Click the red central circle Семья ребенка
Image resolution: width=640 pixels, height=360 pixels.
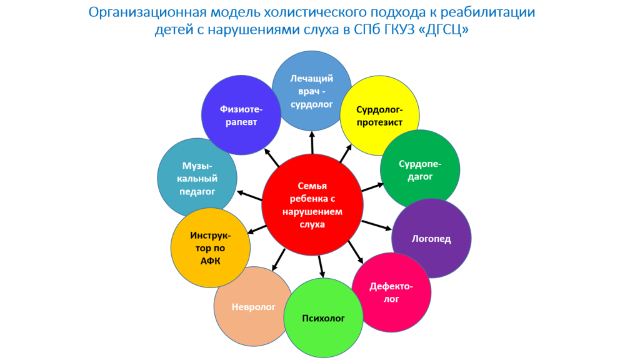coord(312,205)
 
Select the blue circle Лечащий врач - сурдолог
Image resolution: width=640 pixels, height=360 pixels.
coord(312,91)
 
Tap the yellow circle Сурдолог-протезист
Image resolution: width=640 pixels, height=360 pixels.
coord(380,116)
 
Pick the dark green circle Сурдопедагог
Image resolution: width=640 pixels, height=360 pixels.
coord(420,170)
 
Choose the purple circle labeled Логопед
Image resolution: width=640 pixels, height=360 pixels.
coord(431,239)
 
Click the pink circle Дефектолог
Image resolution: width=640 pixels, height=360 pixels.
coord(391,292)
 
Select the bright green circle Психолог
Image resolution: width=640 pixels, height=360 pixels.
coord(323,318)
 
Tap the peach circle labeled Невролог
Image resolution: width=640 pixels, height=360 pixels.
coord(254,306)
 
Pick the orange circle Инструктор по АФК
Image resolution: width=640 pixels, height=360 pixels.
coord(211,247)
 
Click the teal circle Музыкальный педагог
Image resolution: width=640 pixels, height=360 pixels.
coord(197,178)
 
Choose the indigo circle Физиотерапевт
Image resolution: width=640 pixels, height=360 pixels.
coord(241,115)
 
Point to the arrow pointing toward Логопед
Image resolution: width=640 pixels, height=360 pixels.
coord(377,225)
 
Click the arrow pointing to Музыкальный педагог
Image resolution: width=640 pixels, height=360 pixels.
coord(249,196)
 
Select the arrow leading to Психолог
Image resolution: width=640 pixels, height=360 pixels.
coord(322,266)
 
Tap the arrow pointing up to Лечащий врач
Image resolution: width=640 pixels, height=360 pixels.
coord(312,142)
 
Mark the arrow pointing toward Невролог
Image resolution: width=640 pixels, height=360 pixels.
coord(279,259)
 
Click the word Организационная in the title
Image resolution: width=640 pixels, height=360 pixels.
coord(147,12)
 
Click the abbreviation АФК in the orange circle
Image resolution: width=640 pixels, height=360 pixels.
coord(210,261)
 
